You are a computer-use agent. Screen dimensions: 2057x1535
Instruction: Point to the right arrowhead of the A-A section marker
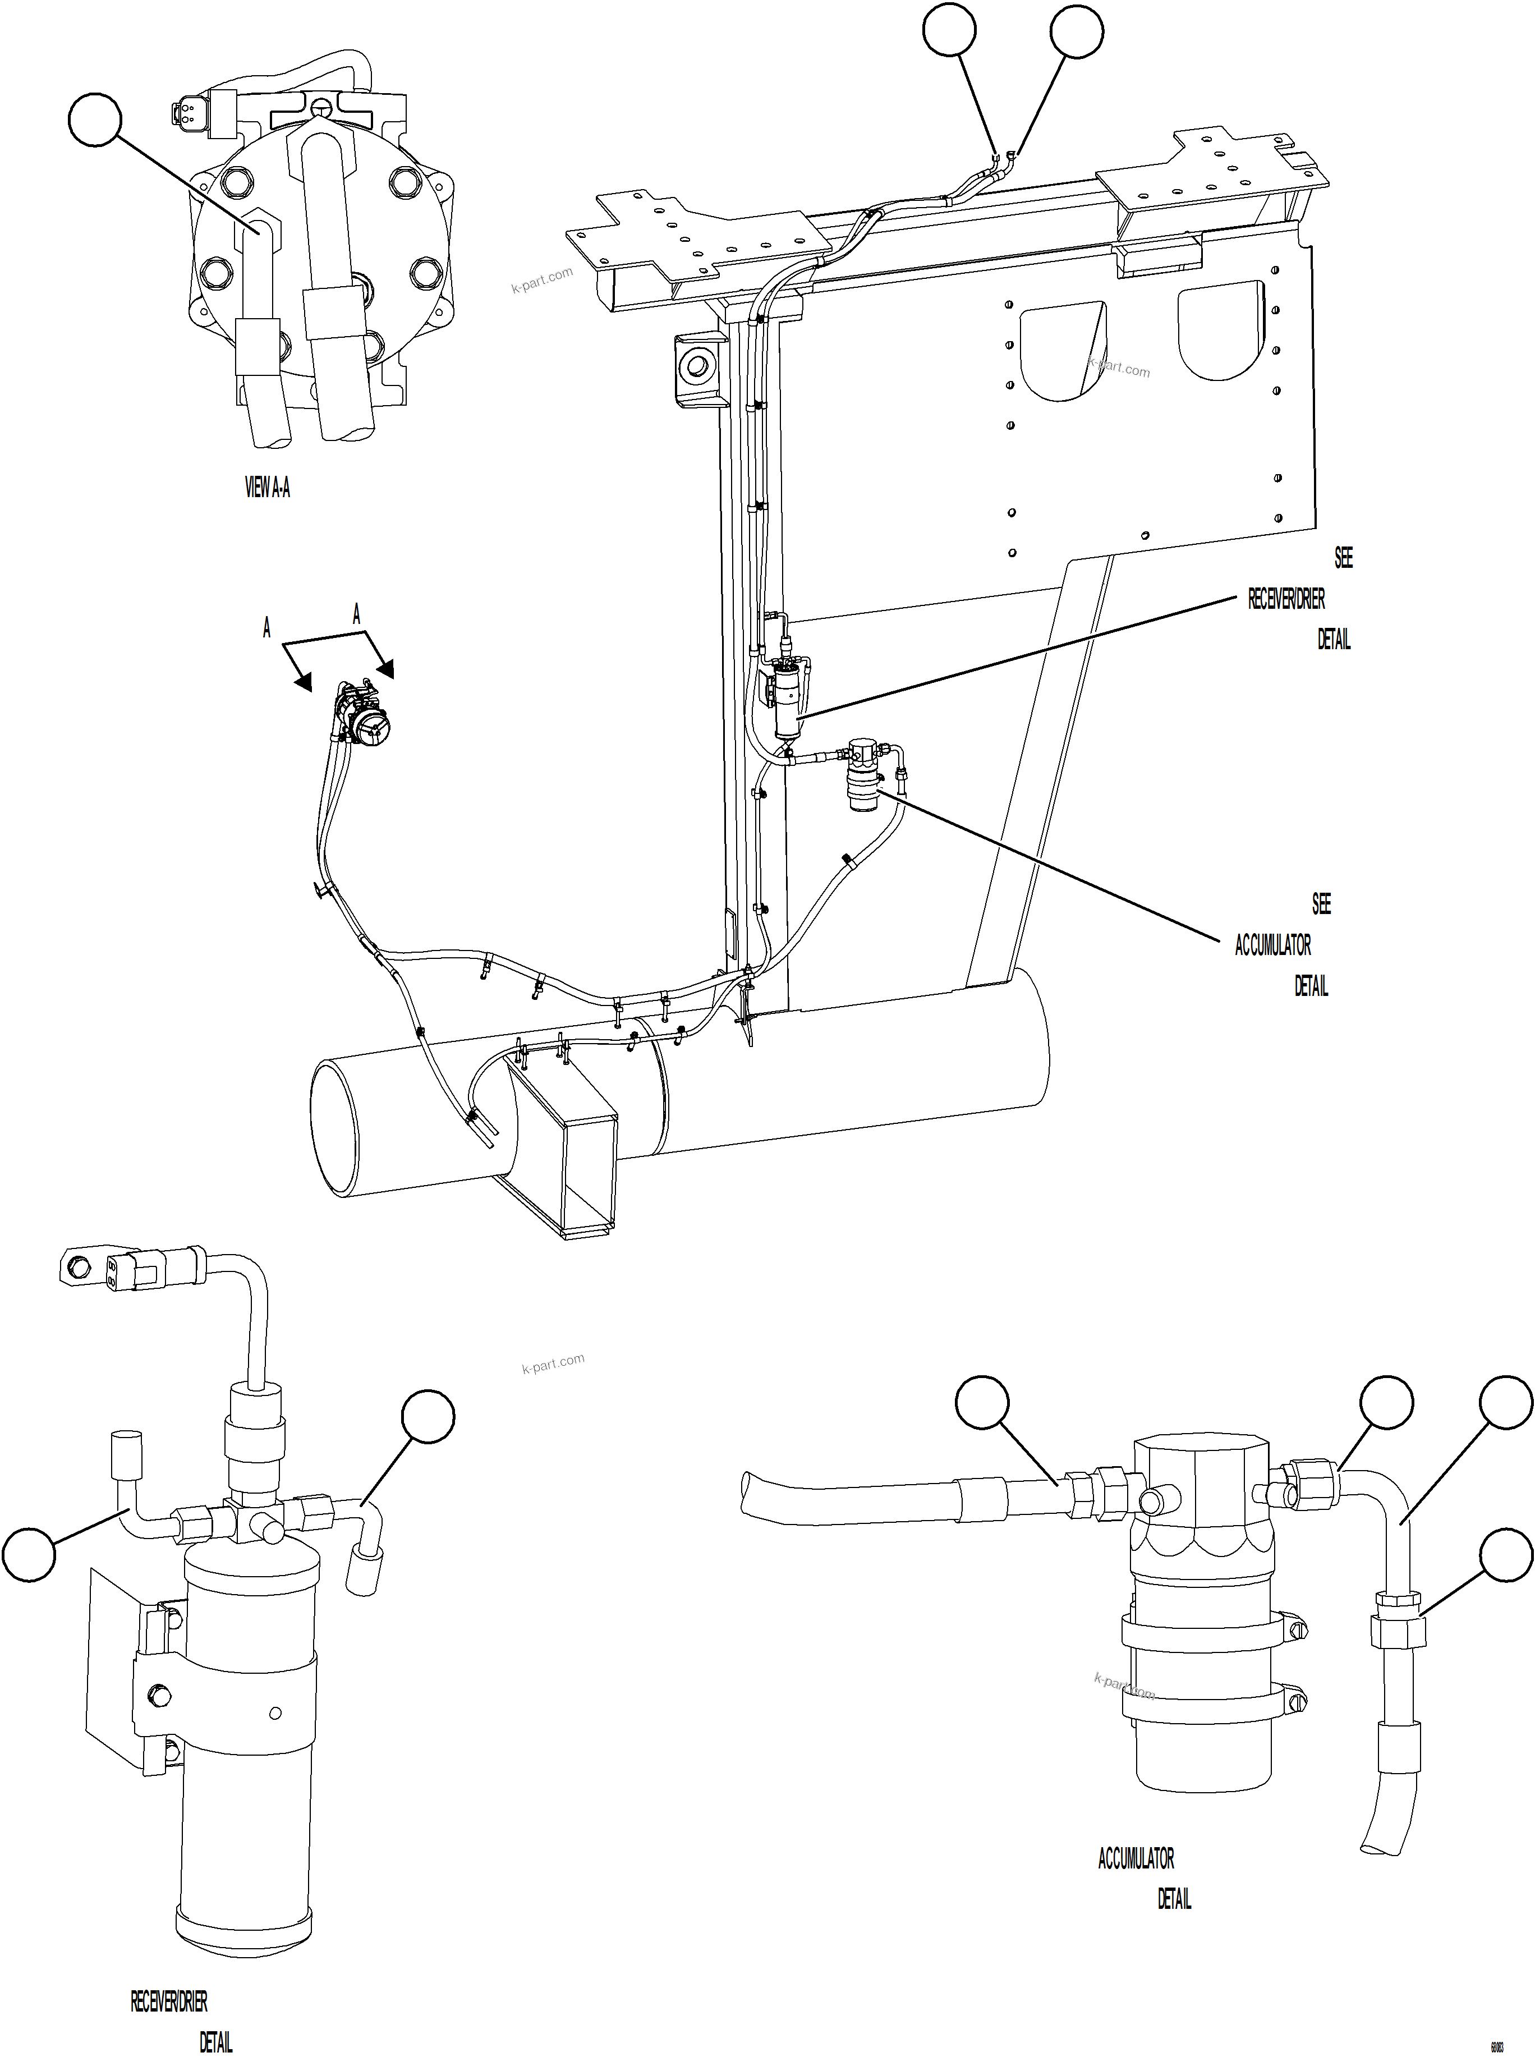[x=385, y=669]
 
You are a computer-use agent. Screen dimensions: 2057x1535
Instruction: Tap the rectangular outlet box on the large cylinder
[x=563, y=1152]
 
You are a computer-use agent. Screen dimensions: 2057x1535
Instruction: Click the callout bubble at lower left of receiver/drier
[x=29, y=1554]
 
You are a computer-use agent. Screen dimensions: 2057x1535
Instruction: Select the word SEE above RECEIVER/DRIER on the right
[x=1343, y=557]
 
